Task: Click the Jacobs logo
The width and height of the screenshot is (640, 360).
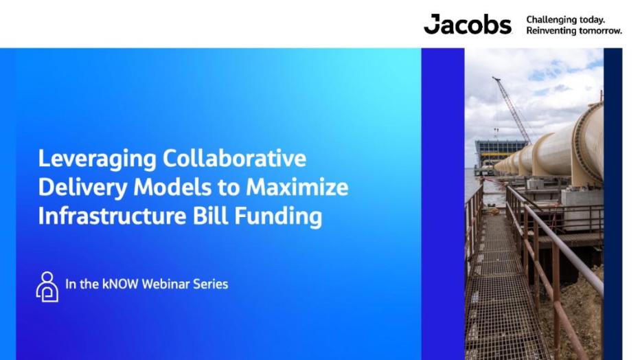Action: point(467,24)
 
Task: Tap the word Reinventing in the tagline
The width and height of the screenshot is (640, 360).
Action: point(551,31)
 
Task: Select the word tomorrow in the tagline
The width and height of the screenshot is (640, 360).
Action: point(600,31)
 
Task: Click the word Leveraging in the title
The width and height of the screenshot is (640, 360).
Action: point(97,159)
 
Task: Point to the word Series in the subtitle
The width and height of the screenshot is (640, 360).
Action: point(212,284)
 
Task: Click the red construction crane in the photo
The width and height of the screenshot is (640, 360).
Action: point(512,110)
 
